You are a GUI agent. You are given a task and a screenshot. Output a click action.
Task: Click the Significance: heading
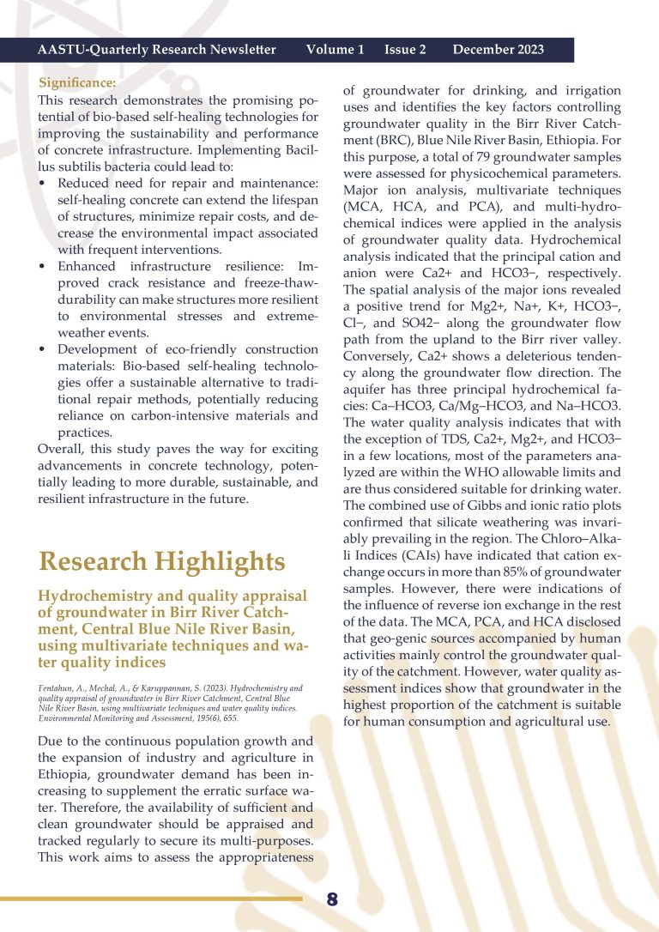tap(78, 83)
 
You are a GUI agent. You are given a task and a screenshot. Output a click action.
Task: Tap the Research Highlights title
tap(162, 561)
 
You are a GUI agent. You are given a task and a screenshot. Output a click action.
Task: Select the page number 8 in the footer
tap(332, 899)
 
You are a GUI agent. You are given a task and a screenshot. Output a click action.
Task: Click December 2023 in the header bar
tap(498, 50)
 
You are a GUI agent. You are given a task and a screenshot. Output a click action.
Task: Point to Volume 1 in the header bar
tap(335, 50)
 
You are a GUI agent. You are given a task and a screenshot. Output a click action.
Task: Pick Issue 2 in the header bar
tap(405, 50)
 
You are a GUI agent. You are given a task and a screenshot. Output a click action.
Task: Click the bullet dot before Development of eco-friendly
tap(43, 349)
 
